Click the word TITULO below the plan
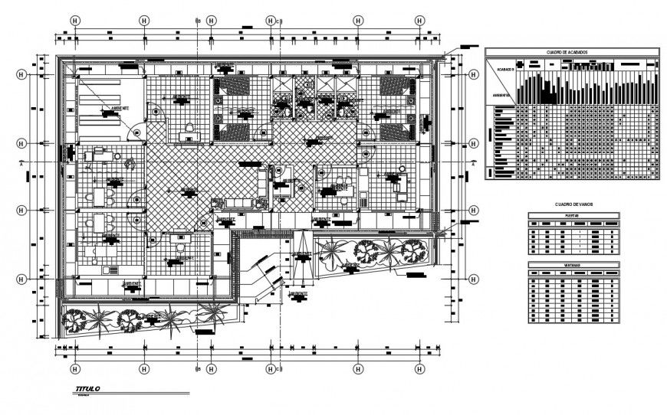pos(87,390)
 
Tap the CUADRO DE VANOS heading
pos(573,204)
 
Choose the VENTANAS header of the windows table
pos(573,265)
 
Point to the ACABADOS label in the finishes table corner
pos(502,68)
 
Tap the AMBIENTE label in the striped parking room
pos(120,109)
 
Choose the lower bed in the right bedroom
pos(396,130)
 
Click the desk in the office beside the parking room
pos(189,137)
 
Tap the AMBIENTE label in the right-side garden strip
pos(350,265)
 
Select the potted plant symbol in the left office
pos(130,162)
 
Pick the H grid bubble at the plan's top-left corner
pos(75,21)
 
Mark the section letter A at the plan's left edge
pos(22,163)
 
